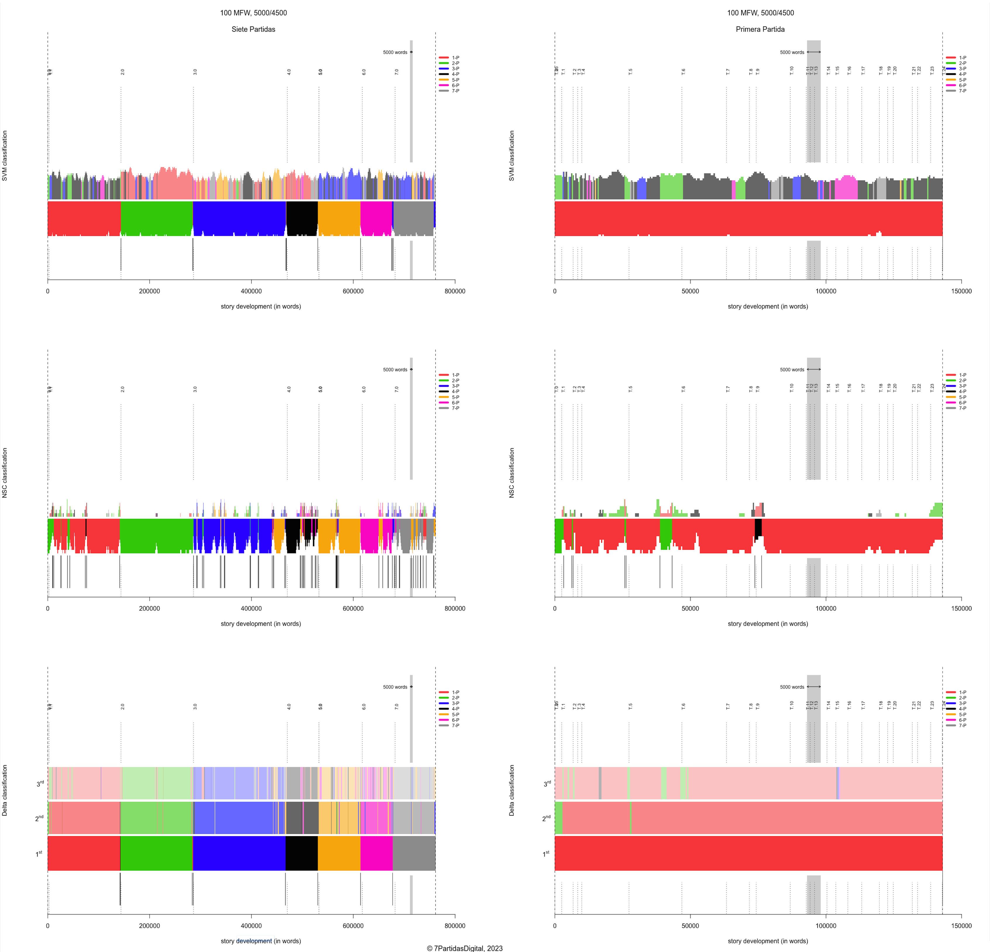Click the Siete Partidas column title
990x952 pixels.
tap(253, 29)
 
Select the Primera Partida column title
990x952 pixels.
tap(760, 29)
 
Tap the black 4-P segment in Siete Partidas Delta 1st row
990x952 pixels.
tap(302, 853)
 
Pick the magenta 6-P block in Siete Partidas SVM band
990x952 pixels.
tap(376, 218)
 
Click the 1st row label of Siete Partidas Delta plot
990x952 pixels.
tap(39, 853)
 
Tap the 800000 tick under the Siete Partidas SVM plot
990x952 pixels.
tap(455, 291)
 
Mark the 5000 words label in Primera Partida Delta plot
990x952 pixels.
tap(791, 687)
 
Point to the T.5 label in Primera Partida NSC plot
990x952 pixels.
tap(630, 389)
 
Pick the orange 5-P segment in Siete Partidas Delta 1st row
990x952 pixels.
tap(339, 853)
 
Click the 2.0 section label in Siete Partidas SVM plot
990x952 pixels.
tap(122, 72)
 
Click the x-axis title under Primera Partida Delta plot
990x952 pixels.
tap(767, 941)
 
